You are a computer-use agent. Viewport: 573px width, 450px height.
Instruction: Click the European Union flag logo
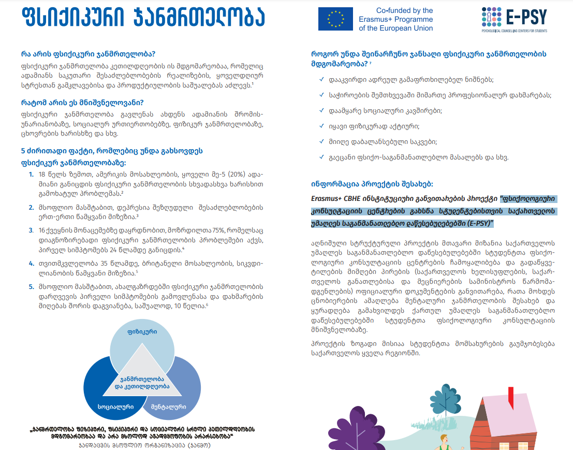coord(335,19)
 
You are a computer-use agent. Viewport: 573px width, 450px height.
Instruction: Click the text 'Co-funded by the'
coord(404,10)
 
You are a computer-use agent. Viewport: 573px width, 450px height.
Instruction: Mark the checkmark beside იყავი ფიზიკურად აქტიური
coord(322,126)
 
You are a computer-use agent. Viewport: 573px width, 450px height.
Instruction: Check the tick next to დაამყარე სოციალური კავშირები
coord(322,111)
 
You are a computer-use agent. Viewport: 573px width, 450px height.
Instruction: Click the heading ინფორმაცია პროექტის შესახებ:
coord(372,183)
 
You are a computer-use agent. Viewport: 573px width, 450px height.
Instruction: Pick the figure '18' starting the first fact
coord(43,175)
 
